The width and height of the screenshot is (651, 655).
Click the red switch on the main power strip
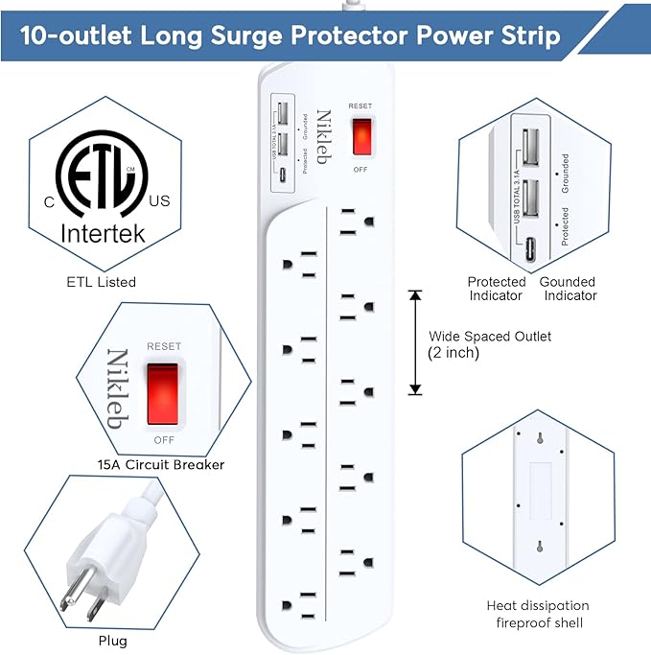point(360,137)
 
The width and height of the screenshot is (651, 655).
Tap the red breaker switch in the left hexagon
point(162,393)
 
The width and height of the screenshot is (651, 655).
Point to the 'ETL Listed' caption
point(102,282)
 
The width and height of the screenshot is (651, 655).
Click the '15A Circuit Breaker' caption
point(161,464)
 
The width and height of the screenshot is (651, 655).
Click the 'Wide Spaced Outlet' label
point(490,337)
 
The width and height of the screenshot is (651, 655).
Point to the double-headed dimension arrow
point(415,342)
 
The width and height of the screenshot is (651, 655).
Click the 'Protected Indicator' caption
point(497,289)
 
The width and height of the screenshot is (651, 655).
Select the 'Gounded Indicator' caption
point(570,289)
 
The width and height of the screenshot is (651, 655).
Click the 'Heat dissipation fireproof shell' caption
point(537,614)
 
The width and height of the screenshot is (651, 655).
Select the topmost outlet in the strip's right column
point(351,219)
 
